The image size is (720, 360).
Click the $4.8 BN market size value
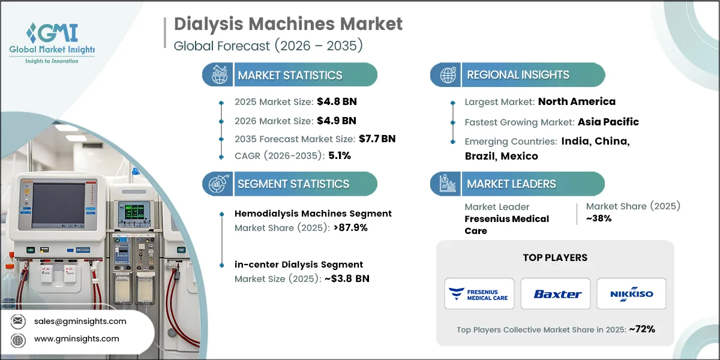[x=337, y=101]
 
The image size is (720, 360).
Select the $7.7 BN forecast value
[x=377, y=139]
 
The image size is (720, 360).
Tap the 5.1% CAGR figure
[x=340, y=155]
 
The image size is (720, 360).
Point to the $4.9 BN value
[x=336, y=121]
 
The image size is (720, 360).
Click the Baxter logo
[x=557, y=294]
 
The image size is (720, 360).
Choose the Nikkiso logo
[x=632, y=294]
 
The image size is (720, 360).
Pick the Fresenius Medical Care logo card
[x=479, y=293]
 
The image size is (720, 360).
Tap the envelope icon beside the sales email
[x=18, y=321]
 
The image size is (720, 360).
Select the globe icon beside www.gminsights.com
[x=18, y=340]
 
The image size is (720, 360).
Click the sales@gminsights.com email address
[x=80, y=321]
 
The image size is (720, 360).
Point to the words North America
[x=577, y=101]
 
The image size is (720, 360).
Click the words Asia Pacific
[x=608, y=122]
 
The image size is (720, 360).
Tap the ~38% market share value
[x=599, y=218]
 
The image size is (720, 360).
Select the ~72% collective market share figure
[x=642, y=329]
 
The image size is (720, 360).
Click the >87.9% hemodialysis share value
[x=350, y=227]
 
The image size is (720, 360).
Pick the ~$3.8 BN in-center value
[x=347, y=278]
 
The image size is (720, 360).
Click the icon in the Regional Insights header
[x=448, y=75]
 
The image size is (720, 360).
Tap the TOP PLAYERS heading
[x=555, y=257]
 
